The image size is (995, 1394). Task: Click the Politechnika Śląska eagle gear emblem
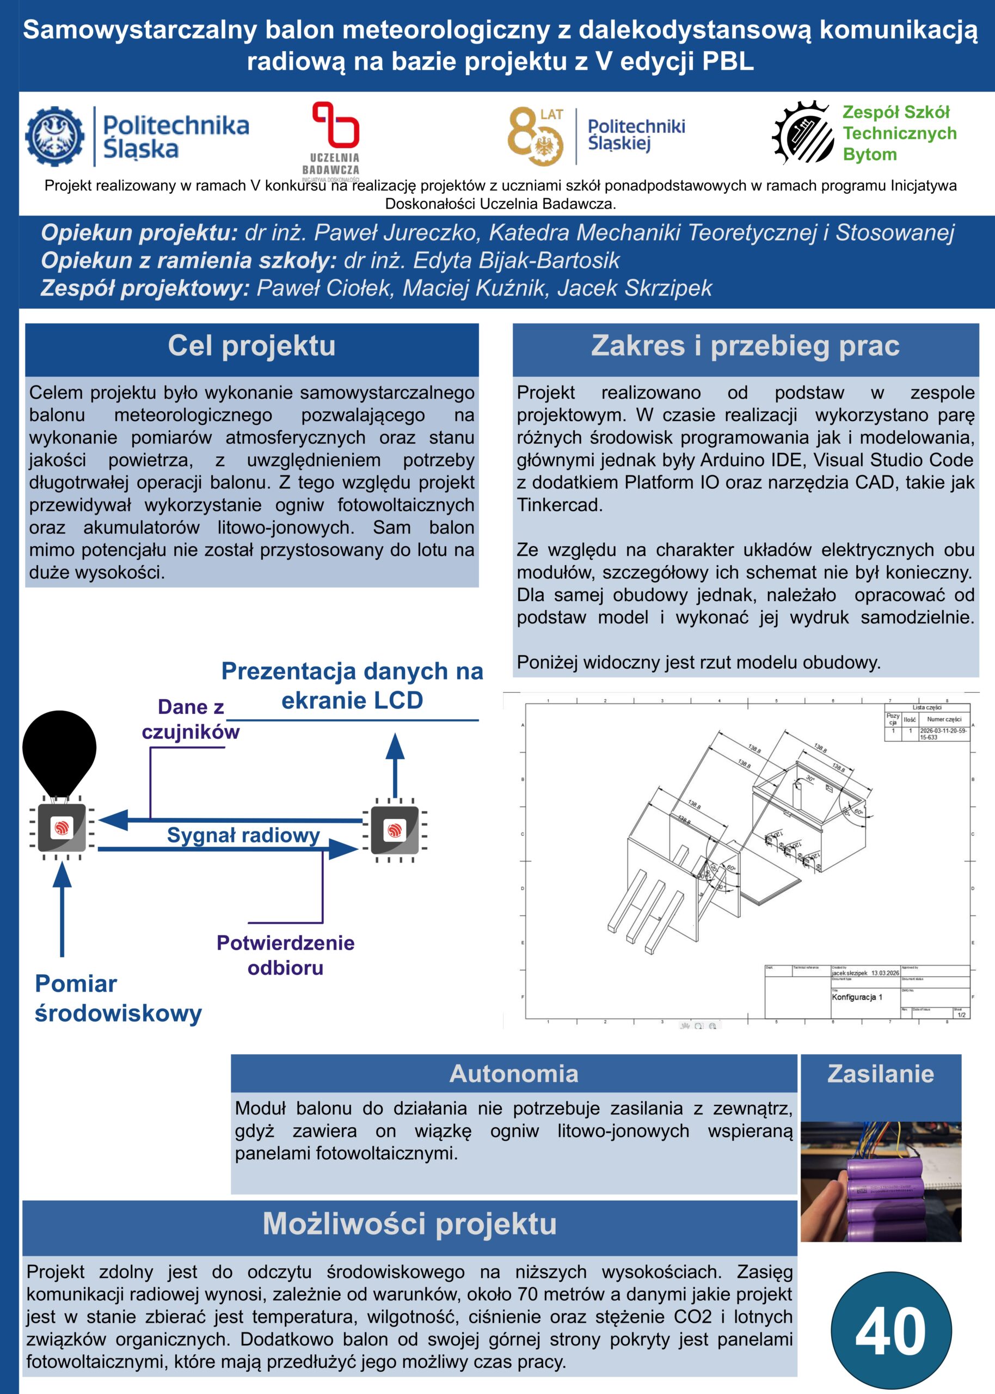click(55, 136)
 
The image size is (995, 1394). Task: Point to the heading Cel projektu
click(252, 346)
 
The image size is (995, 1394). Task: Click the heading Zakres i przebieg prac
click(745, 346)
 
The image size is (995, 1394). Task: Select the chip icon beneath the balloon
click(62, 828)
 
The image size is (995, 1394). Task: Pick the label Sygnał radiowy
click(243, 835)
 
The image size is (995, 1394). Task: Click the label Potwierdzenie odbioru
click(286, 955)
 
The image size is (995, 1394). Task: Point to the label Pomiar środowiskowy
click(118, 998)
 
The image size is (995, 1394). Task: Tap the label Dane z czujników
click(191, 719)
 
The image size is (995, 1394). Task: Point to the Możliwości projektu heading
click(409, 1224)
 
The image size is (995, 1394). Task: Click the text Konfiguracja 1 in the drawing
click(857, 997)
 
